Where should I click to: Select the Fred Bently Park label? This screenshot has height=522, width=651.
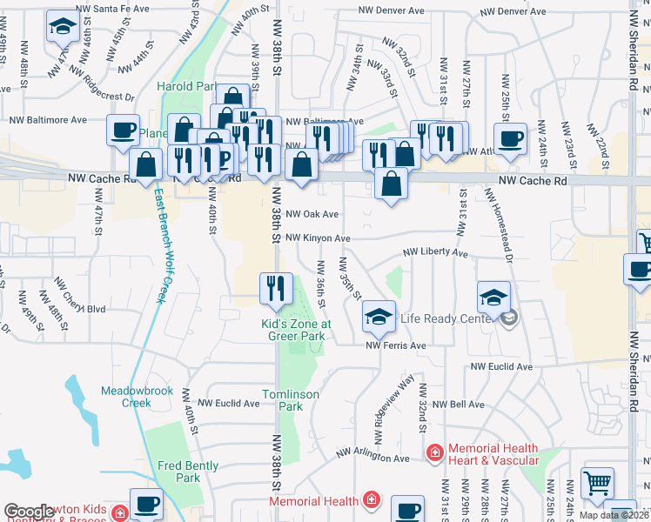(188, 472)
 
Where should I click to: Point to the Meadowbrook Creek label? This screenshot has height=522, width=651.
(125, 396)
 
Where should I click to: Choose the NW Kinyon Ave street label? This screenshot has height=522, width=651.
(318, 238)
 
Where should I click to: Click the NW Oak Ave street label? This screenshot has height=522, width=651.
(312, 213)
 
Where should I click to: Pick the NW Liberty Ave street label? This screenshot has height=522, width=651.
(435, 254)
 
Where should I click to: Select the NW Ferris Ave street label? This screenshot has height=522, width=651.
(396, 345)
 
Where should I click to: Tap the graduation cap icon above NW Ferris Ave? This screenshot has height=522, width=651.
(379, 317)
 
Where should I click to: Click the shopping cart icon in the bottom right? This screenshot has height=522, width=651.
(597, 483)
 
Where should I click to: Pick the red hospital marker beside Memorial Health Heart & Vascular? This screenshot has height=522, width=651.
(434, 452)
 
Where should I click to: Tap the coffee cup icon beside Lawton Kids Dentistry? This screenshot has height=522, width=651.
(145, 505)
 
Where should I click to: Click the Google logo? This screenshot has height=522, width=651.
(29, 512)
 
